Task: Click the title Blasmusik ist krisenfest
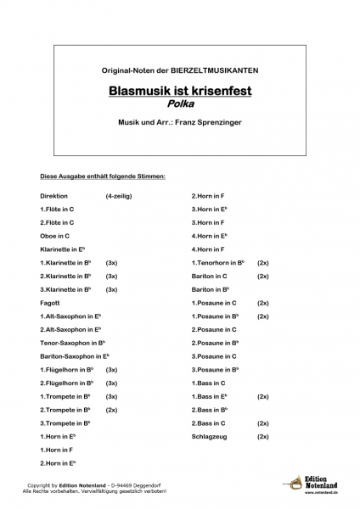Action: point(179,88)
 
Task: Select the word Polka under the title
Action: point(179,103)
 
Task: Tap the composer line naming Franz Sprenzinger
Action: point(179,124)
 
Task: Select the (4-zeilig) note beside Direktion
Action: point(119,195)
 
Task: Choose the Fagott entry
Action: point(50,302)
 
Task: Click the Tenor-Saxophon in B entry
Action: point(72,343)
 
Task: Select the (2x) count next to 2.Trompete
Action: point(111,410)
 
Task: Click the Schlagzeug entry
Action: point(212,436)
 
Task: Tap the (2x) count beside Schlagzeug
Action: point(263,436)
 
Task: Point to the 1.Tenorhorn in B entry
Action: point(219,263)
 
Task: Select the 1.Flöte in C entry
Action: point(57,209)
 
